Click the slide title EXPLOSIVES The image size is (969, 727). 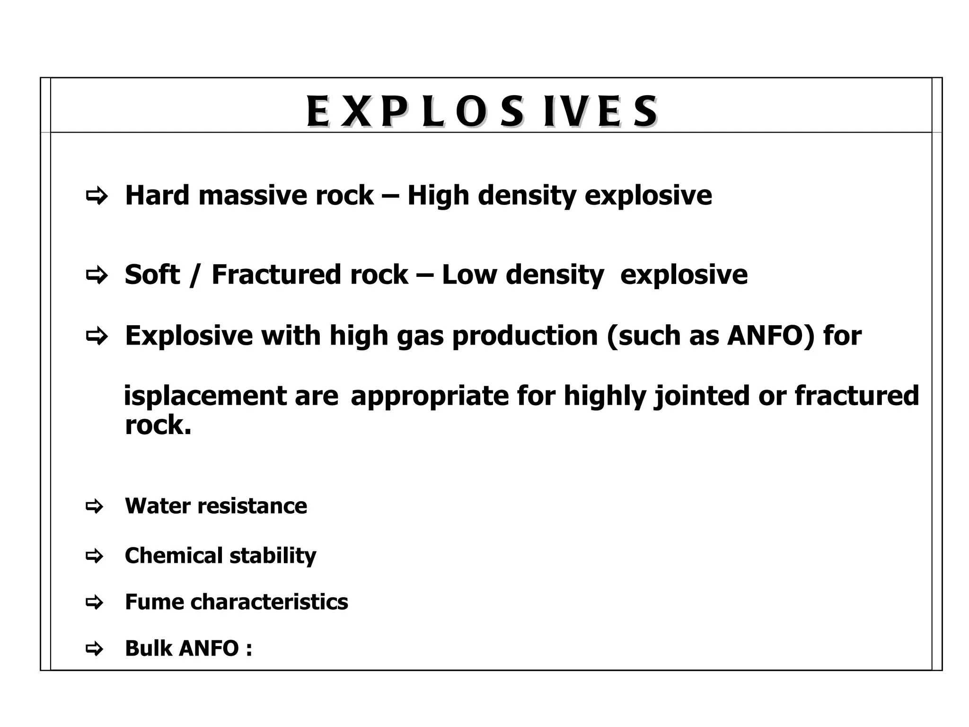pyautogui.click(x=482, y=112)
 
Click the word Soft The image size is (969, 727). pyautogui.click(x=152, y=275)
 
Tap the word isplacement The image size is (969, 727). pyautogui.click(x=204, y=396)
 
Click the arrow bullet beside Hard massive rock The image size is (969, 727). pyautogui.click(x=96, y=195)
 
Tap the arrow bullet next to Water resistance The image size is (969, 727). pyautogui.click(x=94, y=506)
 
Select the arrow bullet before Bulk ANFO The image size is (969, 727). pyautogui.click(x=94, y=648)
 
